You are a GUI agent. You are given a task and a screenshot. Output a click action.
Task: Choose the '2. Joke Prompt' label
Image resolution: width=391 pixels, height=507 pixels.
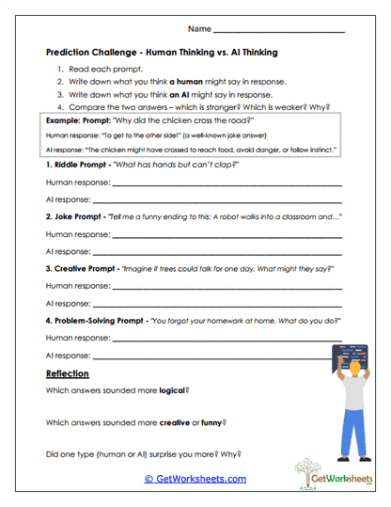click(76, 217)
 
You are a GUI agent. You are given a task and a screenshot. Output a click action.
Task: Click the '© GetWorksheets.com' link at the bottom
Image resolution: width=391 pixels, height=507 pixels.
click(195, 479)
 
